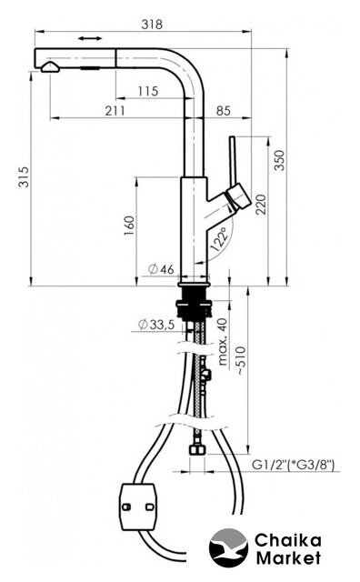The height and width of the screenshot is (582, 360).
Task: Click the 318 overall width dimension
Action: [x=152, y=25]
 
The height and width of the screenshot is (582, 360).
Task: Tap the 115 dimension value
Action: [x=148, y=91]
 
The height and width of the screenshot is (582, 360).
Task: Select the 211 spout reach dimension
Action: [x=115, y=111]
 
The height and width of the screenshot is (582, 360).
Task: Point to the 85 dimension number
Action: [x=224, y=111]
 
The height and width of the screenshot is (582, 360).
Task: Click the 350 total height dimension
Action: [x=279, y=160]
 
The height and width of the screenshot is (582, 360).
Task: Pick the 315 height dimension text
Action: [x=24, y=176]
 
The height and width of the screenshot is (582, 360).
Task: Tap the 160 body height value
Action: [x=129, y=226]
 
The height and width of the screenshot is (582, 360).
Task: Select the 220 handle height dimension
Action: [x=261, y=204]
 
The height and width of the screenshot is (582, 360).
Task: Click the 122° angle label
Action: [x=219, y=240]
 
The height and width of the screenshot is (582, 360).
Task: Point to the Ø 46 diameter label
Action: [x=161, y=269]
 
